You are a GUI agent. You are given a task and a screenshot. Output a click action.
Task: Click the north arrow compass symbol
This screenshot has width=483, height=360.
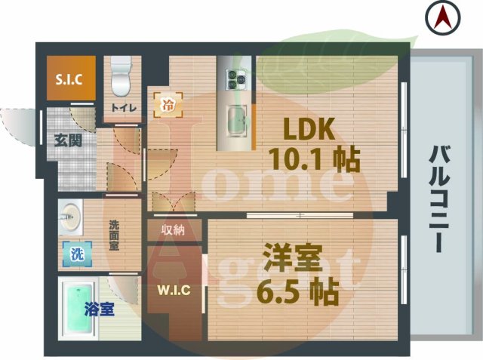441,17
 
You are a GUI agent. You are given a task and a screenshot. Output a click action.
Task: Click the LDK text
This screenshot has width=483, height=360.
308,131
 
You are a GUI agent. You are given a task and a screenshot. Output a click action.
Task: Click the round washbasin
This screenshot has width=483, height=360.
69,218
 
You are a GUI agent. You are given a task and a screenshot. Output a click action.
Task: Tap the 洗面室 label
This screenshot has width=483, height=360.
114,235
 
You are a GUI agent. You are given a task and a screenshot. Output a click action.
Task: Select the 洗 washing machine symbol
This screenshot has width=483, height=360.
76,254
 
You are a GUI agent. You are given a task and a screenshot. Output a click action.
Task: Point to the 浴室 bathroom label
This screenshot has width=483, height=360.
98,309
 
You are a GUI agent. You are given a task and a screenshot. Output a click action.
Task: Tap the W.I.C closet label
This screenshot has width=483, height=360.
173,290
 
